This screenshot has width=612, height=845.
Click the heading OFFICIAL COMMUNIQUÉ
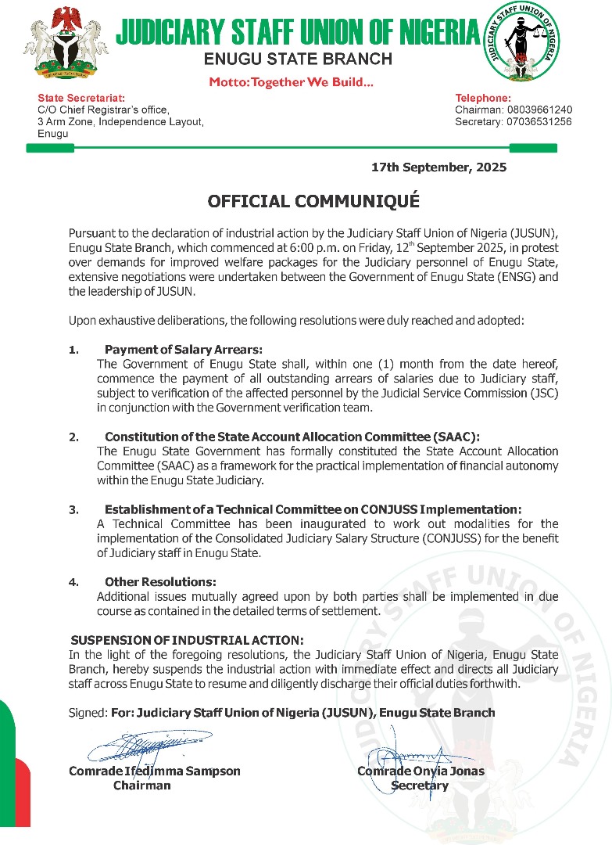(x=313, y=201)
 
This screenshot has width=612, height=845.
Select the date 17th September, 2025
(x=439, y=167)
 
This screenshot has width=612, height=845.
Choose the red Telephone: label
(x=483, y=98)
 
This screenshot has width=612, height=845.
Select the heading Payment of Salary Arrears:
(x=184, y=349)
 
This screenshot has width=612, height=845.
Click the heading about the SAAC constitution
(x=292, y=437)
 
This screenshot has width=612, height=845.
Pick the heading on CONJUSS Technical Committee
(x=313, y=509)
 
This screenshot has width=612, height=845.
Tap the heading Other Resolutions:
(x=160, y=582)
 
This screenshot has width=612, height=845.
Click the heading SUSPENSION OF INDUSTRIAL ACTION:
(x=187, y=640)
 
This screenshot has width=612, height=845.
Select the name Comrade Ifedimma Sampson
(x=155, y=771)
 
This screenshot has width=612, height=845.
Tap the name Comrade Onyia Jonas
(x=421, y=771)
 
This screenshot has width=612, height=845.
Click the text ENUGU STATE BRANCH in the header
(x=298, y=59)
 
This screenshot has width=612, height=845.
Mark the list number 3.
(x=73, y=509)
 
